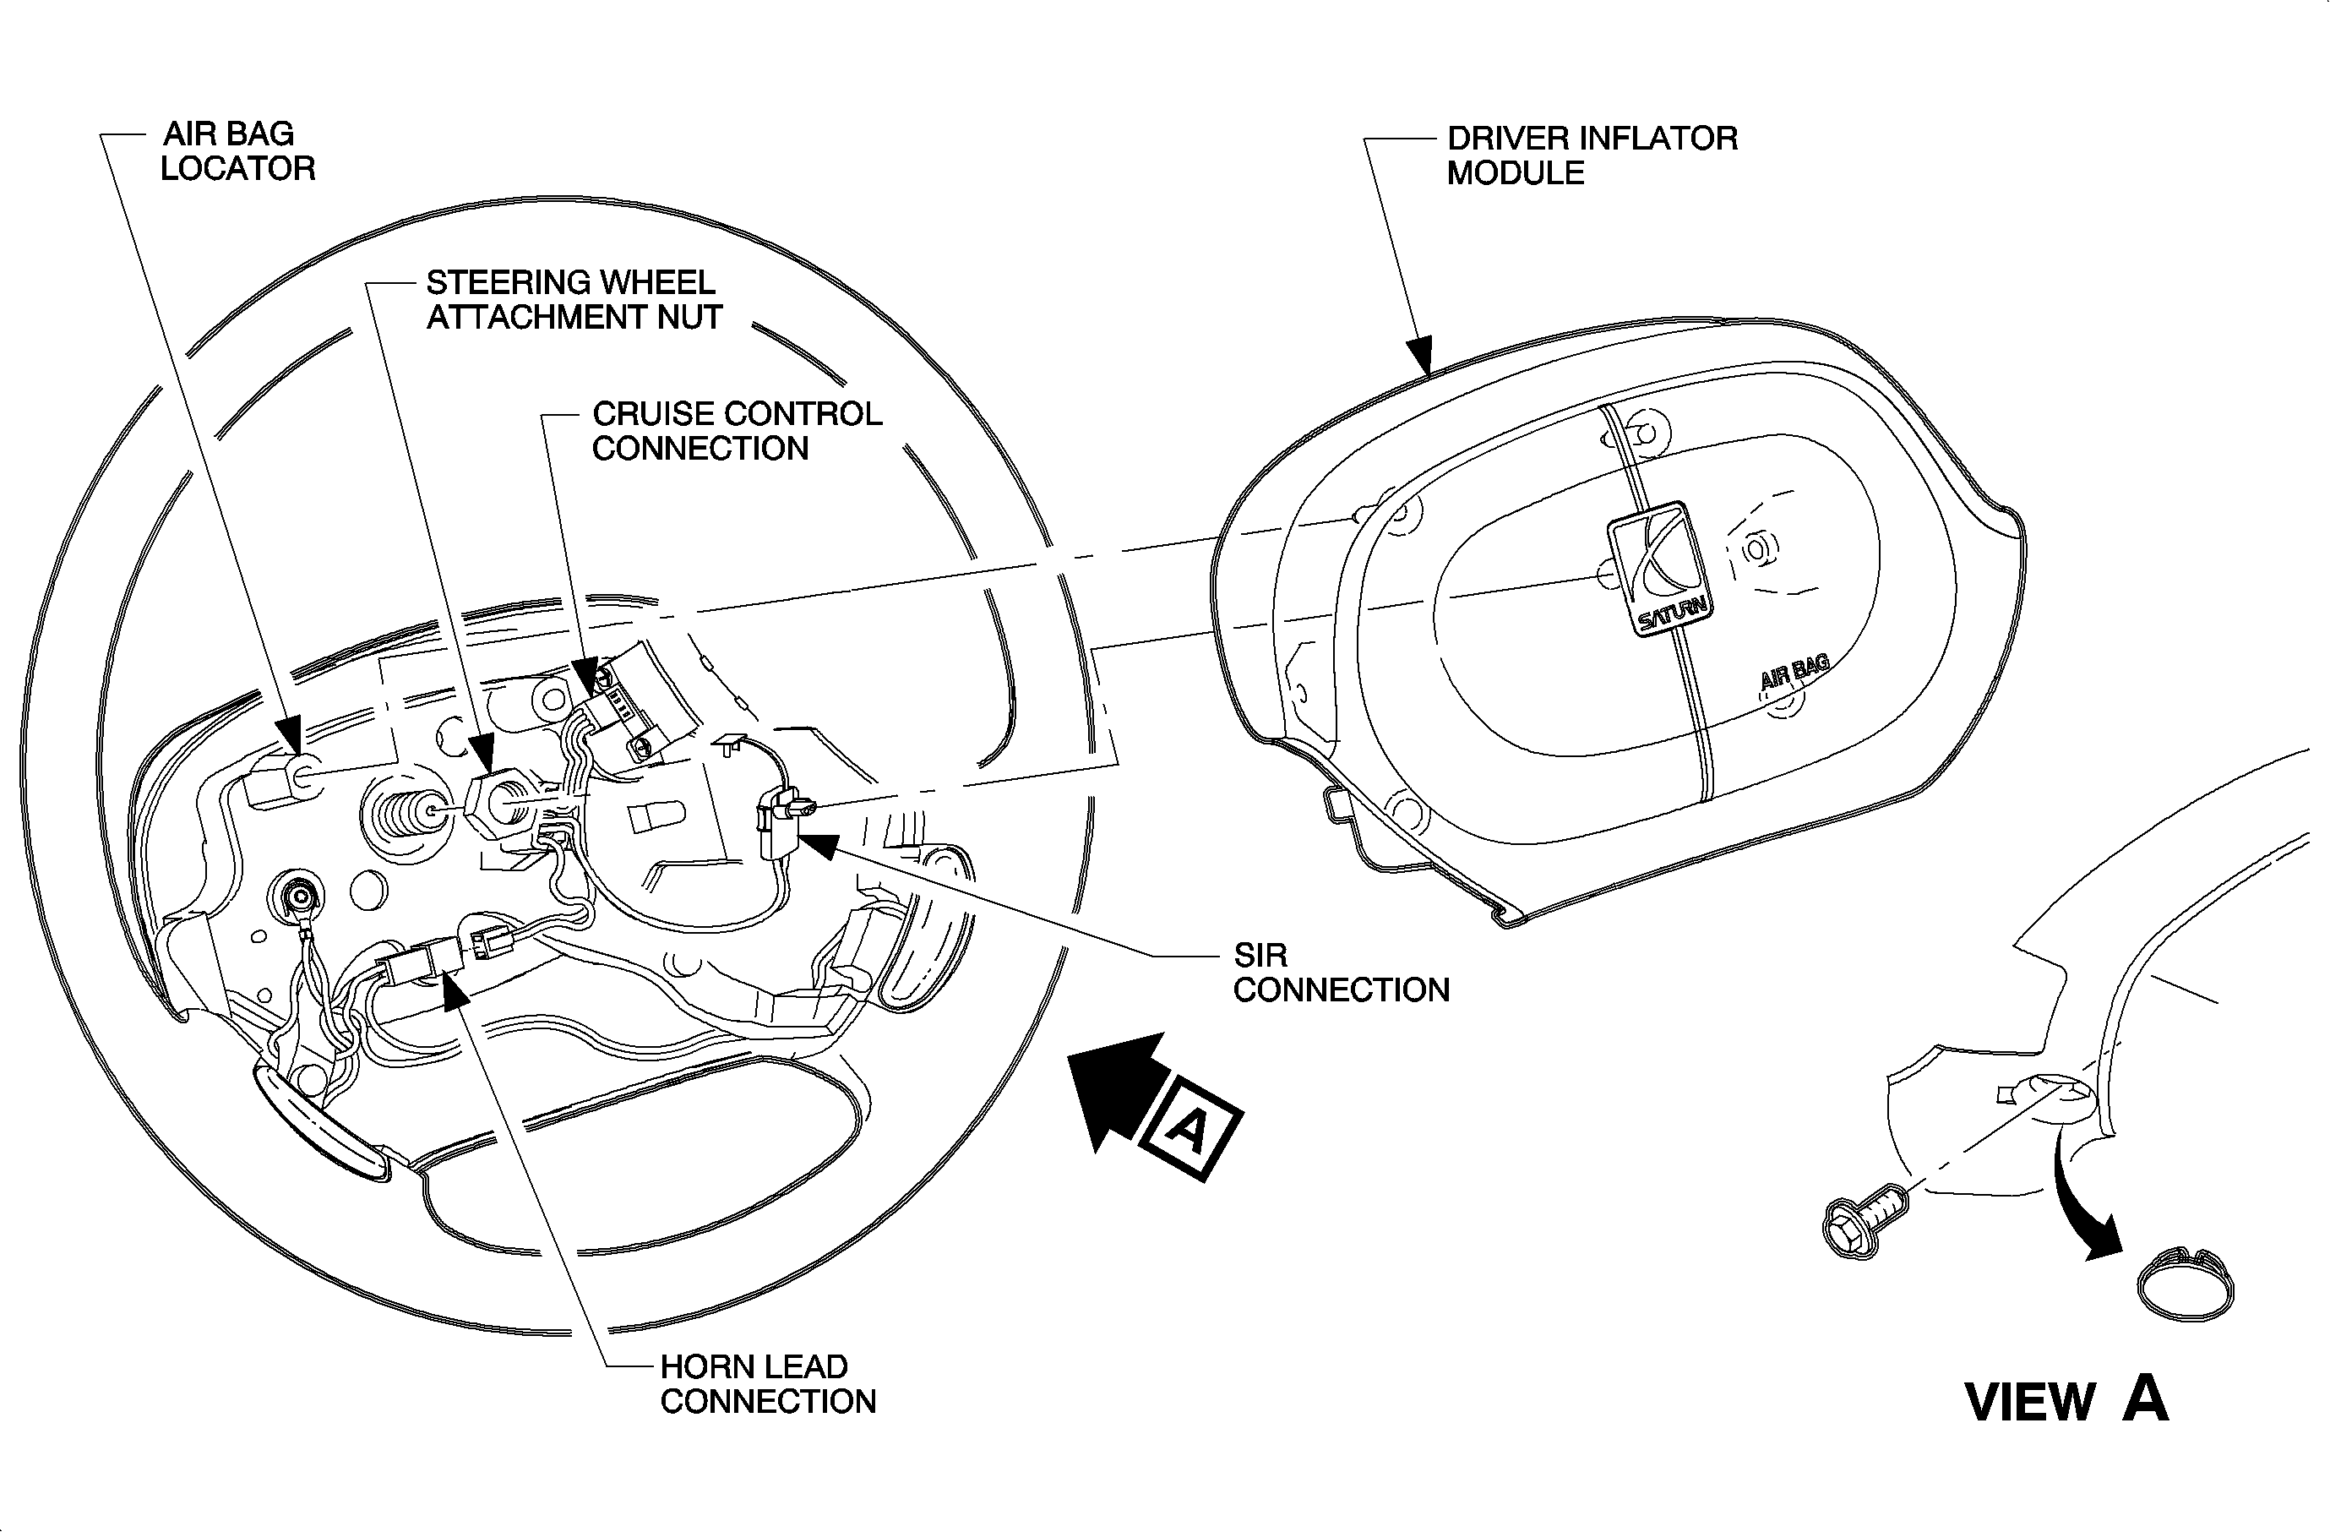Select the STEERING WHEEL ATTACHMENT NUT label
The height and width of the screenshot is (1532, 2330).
tap(574, 299)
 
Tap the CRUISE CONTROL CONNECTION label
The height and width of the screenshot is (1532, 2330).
tap(736, 431)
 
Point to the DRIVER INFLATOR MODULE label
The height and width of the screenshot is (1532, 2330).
tap(1592, 155)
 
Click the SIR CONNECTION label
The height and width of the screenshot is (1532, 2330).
tap(1340, 972)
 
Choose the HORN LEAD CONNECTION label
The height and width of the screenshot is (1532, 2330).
tap(768, 1383)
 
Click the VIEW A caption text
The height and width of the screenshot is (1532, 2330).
tap(2066, 1401)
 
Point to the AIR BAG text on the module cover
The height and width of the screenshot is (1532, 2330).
tap(1794, 672)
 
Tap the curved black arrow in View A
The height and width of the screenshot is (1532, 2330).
tap(2085, 1204)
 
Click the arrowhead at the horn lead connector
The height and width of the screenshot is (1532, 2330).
tap(454, 989)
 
